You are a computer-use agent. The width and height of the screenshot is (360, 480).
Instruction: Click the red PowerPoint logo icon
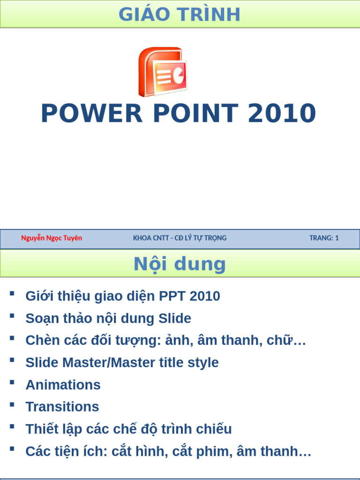coord(162,72)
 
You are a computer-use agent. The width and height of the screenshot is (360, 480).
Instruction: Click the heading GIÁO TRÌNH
coord(180,15)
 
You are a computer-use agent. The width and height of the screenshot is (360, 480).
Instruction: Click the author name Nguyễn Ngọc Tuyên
coord(52,238)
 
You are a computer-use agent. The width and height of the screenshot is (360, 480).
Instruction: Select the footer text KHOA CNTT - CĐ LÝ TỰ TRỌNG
coord(180,238)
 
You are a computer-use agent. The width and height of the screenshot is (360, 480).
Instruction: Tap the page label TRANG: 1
coord(324,238)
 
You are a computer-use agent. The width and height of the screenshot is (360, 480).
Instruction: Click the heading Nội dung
coord(180,264)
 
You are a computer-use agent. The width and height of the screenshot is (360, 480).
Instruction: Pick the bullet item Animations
coord(63,385)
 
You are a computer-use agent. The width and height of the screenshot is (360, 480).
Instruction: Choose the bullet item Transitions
coord(62,407)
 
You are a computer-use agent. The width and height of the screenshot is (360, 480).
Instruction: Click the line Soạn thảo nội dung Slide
coord(108,319)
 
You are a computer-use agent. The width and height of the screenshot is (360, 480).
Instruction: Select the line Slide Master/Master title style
coord(122,362)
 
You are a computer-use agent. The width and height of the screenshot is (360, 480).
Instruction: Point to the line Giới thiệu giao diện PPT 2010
coord(123,296)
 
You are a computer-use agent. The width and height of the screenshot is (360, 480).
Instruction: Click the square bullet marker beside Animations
coord(12,382)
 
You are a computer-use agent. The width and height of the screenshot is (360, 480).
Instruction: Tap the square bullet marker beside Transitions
coord(12,405)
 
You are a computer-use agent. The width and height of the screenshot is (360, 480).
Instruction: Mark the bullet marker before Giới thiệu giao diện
coord(12,294)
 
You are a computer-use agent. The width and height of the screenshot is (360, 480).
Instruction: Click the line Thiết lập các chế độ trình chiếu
coord(128,429)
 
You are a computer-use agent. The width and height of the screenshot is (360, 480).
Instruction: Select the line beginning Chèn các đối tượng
coord(165,341)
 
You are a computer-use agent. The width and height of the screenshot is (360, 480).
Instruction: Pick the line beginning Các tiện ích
coord(168,451)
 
